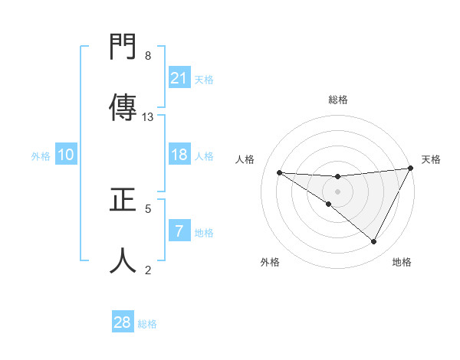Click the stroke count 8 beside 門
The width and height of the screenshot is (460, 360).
coord(148,55)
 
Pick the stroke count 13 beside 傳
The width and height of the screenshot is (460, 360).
coord(148,116)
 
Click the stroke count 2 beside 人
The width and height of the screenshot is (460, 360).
coord(148,269)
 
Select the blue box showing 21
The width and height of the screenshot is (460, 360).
coord(179,78)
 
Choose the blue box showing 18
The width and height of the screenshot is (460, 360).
coord(179,155)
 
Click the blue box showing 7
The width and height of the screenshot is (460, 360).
coord(179,231)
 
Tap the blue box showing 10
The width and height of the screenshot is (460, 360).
coord(66,155)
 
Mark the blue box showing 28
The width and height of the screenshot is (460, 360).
coord(123,322)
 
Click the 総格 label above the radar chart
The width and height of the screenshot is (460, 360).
coord(337,100)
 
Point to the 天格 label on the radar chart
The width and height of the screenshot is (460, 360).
coord(431,159)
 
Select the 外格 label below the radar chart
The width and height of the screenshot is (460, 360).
coord(270,262)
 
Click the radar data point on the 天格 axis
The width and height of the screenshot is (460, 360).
coord(410,169)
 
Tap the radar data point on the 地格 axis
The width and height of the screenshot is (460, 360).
coord(374,242)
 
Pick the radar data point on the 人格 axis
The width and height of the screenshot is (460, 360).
coord(279,172)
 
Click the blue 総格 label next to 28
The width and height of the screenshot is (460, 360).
coord(147,323)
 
